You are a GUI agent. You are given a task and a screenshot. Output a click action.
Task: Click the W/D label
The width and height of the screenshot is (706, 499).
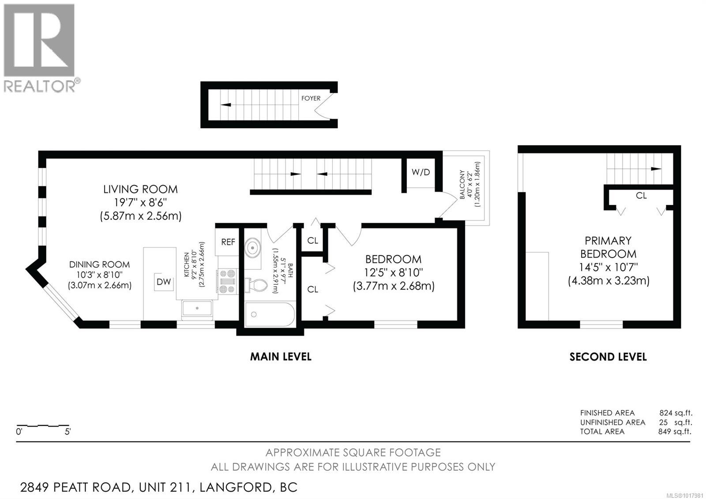click(x=421, y=172)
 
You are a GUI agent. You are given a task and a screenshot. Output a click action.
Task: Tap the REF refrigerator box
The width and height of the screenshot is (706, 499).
click(x=228, y=242)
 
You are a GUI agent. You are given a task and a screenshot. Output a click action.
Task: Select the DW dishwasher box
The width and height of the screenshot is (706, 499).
click(x=164, y=282)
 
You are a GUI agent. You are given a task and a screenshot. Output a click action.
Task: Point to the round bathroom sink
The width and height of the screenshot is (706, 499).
click(x=253, y=248)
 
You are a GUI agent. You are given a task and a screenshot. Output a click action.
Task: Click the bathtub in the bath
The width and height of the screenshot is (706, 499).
click(x=270, y=314)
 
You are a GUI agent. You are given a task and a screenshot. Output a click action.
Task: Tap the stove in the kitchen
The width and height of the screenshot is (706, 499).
click(x=228, y=281)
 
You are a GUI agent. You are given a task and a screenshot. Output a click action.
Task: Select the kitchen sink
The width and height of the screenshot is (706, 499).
click(x=197, y=309)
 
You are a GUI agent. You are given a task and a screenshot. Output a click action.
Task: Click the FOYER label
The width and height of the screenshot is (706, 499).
click(x=311, y=98)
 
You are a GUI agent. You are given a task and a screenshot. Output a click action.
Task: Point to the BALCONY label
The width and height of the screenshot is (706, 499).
click(x=462, y=185)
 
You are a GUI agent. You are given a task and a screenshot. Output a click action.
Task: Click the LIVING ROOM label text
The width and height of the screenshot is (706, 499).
click(x=140, y=189)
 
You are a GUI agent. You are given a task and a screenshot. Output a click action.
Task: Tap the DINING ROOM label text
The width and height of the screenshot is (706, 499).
click(x=99, y=265)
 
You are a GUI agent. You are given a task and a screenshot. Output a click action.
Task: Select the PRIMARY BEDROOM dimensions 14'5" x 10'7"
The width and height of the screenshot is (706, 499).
click(x=608, y=267)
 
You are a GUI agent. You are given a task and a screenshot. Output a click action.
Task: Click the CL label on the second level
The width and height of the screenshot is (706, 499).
click(x=641, y=195)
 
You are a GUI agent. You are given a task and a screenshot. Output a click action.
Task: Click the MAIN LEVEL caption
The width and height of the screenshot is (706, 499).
click(x=281, y=356)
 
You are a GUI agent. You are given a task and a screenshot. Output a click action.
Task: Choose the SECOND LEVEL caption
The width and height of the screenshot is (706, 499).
click(x=608, y=357)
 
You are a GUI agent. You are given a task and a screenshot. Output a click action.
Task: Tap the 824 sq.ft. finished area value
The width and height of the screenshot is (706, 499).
click(x=676, y=413)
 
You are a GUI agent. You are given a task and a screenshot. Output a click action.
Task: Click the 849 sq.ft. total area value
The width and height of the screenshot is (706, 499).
click(x=675, y=431)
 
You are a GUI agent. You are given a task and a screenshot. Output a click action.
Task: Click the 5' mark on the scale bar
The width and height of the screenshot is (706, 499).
click(x=68, y=432)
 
